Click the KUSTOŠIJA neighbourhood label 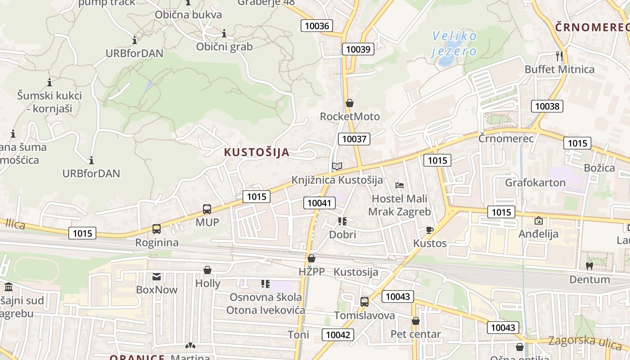[x=256, y=153]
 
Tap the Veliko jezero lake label [x=454, y=43]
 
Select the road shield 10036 [x=317, y=26]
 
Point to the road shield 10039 [x=358, y=49]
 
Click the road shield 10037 [x=354, y=139]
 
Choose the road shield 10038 [x=547, y=106]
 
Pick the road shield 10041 [x=319, y=203]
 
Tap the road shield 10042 [x=338, y=334]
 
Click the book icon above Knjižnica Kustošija [x=337, y=166]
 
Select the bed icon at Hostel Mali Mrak [x=400, y=185]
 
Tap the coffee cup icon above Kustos [x=430, y=230]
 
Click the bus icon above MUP [x=207, y=209]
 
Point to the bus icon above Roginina [x=157, y=229]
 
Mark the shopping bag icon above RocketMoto [x=349, y=103]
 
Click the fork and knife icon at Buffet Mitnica [x=559, y=56]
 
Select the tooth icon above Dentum [x=589, y=266]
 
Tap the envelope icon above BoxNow [x=157, y=276]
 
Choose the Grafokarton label [x=535, y=183]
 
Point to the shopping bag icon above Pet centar [x=416, y=321]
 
